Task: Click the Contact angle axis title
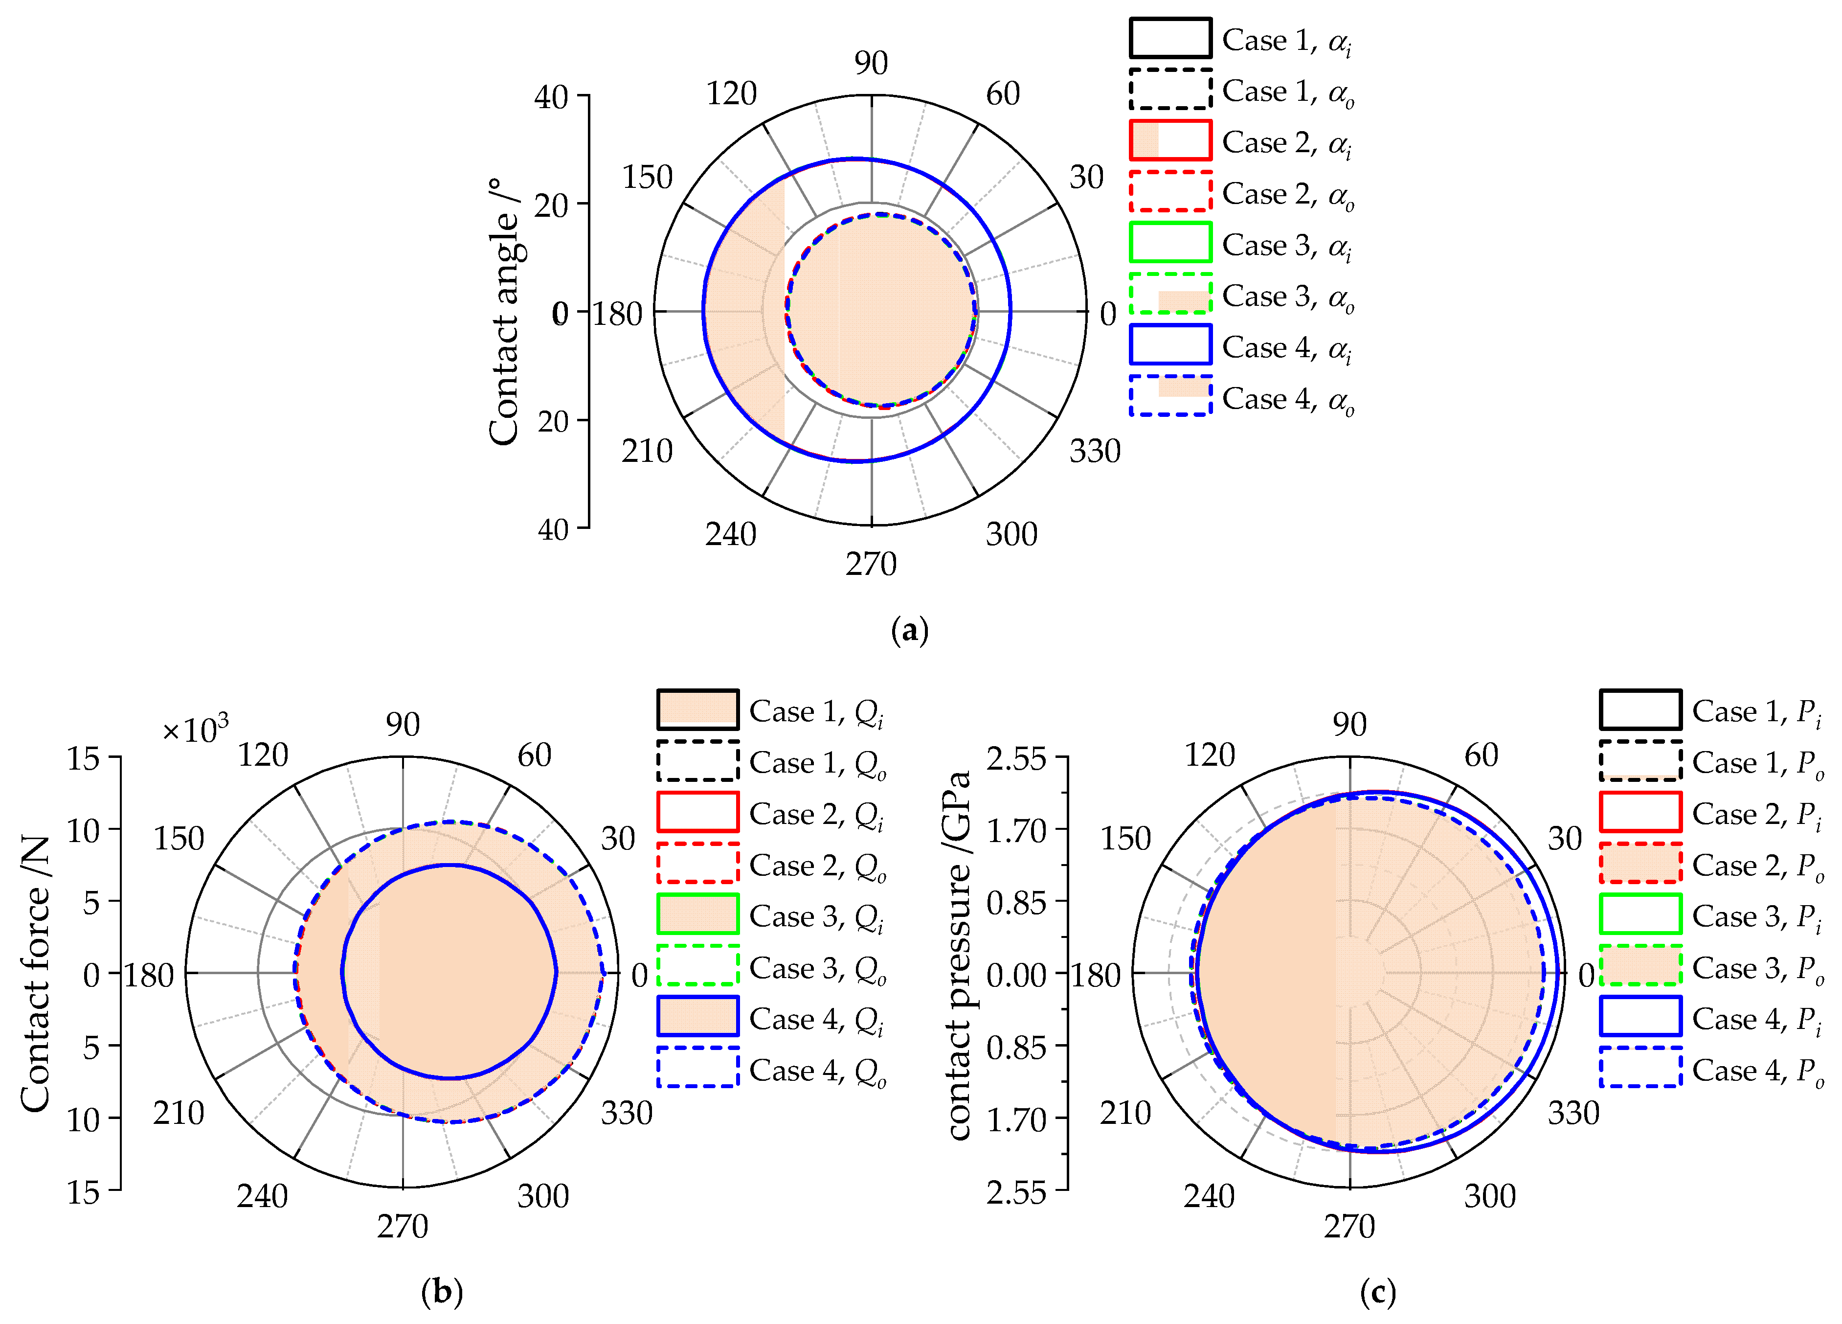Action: point(504,312)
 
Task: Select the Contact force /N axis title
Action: point(36,974)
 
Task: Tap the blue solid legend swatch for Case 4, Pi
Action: point(1640,1016)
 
